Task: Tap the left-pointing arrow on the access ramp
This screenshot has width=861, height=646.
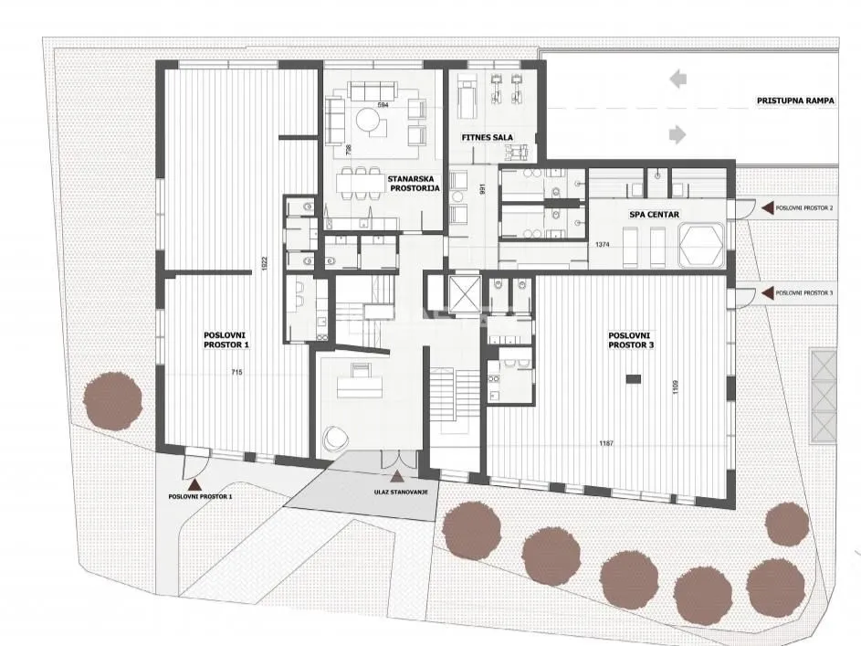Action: (677, 79)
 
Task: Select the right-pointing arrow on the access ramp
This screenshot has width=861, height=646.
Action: (677, 135)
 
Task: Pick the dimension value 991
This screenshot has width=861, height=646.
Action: (471, 189)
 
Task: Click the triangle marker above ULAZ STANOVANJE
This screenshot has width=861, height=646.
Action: (395, 476)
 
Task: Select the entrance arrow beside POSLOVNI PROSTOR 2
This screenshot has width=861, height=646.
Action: (768, 208)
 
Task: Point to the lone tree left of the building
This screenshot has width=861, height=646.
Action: (113, 400)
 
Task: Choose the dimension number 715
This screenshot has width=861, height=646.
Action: (236, 372)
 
